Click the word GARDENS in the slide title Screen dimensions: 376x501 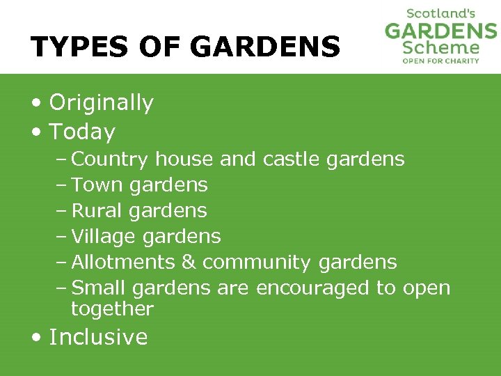[x=264, y=47]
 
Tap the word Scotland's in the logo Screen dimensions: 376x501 [x=440, y=13]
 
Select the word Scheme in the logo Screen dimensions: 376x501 [x=441, y=47]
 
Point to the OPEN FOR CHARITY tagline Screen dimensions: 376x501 [x=441, y=61]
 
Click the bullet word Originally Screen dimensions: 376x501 [x=101, y=103]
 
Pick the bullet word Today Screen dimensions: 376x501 [x=82, y=132]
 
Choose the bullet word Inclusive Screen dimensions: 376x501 [x=98, y=337]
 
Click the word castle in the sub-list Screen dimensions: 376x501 [x=283, y=159]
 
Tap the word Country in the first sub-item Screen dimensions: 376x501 [x=110, y=159]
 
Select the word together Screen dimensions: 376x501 [x=112, y=309]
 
